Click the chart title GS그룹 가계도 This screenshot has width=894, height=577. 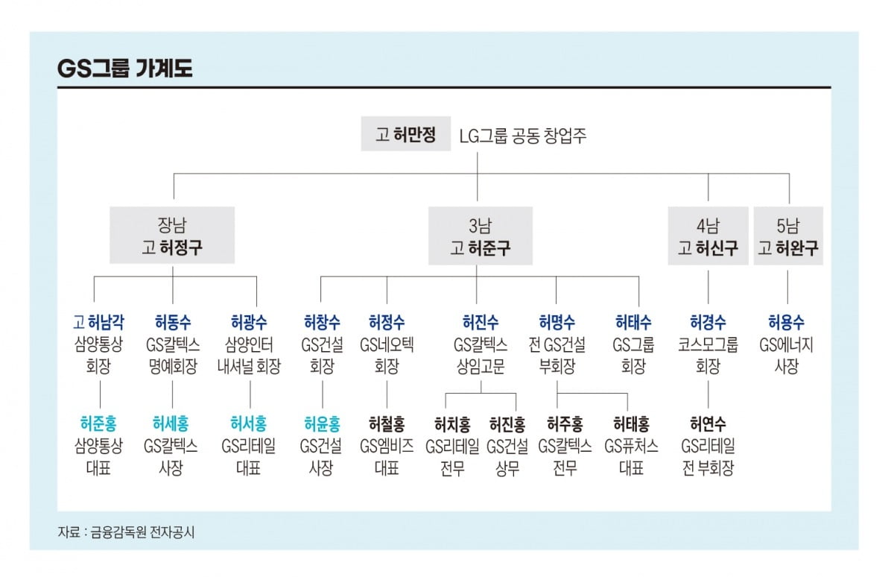click(x=124, y=69)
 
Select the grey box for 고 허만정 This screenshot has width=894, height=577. click(x=406, y=135)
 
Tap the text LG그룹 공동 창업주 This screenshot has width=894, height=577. click(x=522, y=136)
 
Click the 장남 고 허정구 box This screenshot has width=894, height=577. click(x=172, y=236)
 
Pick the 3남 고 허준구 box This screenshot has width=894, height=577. click(x=481, y=236)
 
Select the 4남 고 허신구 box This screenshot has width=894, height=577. click(x=708, y=236)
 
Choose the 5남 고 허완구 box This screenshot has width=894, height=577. click(x=788, y=236)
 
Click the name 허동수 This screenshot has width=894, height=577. click(x=173, y=322)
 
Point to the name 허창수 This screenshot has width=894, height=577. click(x=322, y=322)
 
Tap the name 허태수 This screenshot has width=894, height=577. click(x=633, y=322)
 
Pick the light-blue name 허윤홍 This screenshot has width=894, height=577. click(x=322, y=423)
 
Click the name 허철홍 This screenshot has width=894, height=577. click(x=387, y=423)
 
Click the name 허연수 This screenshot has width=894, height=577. click(x=708, y=423)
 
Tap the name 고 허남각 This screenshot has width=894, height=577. click(x=98, y=322)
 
